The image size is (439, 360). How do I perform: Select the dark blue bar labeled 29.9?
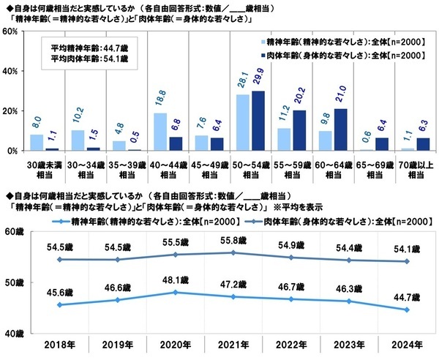pyautogui.click(x=257, y=121)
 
